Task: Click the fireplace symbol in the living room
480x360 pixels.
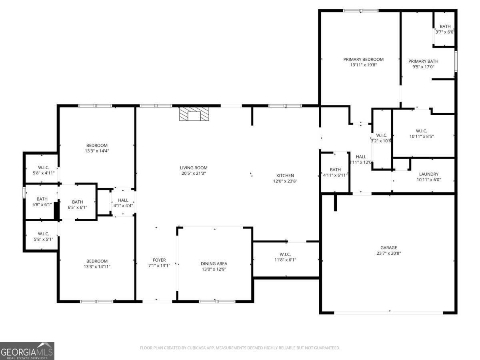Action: pyautogui.click(x=194, y=114)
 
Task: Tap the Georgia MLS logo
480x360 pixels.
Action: pyautogui.click(x=27, y=351)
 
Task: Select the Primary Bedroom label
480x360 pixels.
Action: pyautogui.click(x=363, y=60)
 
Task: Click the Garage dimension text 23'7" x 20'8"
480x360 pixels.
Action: pyautogui.click(x=388, y=253)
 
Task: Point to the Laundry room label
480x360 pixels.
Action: pyautogui.click(x=429, y=174)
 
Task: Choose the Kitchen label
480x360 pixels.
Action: pyautogui.click(x=285, y=176)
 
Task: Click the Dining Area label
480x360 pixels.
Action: pyautogui.click(x=214, y=264)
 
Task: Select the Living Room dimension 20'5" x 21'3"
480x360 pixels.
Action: pyautogui.click(x=194, y=173)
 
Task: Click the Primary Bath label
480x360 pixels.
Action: pyautogui.click(x=423, y=61)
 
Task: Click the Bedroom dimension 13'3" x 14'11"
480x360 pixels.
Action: pyautogui.click(x=97, y=266)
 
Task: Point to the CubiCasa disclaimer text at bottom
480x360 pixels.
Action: pyautogui.click(x=240, y=348)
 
